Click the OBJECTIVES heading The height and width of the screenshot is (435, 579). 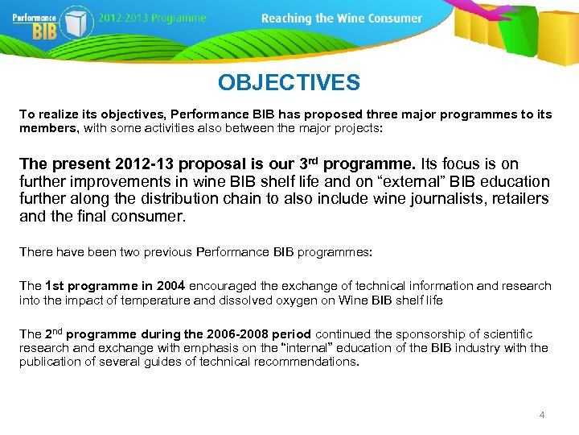point(289,82)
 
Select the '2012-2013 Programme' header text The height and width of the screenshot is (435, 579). point(154,18)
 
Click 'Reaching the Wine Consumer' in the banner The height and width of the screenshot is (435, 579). point(342,18)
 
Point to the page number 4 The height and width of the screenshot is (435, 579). point(541,414)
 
